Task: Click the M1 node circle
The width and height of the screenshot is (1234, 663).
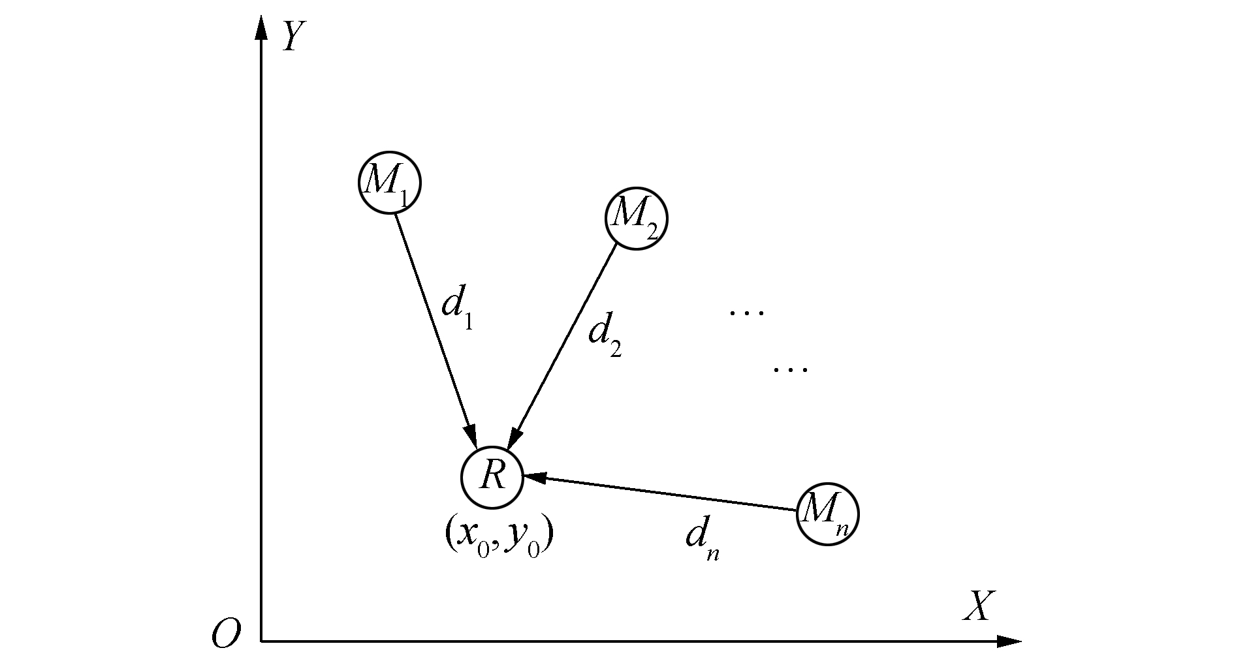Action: pos(389,183)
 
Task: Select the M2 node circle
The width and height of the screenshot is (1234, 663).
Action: pos(636,219)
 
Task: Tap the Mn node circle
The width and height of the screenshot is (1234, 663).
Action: pos(827,514)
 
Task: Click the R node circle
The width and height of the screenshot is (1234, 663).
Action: pos(492,477)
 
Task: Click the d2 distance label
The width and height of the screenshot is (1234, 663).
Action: pos(604,334)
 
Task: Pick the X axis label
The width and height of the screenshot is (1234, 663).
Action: pos(978,606)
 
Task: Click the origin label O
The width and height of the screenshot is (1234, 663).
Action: pos(226,634)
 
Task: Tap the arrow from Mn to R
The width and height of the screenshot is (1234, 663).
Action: pos(659,493)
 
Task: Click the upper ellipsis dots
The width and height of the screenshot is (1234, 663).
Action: pos(746,313)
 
